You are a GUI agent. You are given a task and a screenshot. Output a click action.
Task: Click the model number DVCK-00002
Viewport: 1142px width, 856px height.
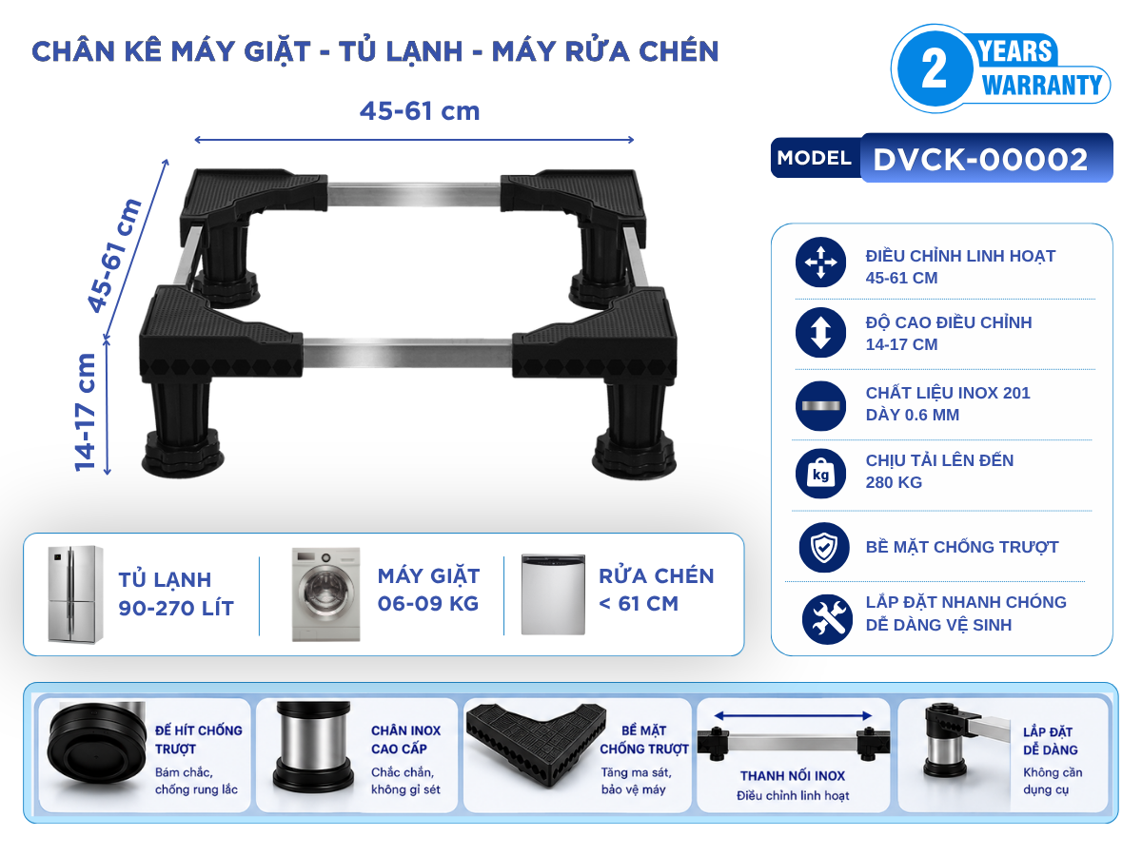tap(980, 159)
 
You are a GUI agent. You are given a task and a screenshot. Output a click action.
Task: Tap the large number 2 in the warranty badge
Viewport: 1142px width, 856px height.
tap(935, 68)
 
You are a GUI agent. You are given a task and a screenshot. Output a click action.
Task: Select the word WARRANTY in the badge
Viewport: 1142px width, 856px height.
tap(1041, 86)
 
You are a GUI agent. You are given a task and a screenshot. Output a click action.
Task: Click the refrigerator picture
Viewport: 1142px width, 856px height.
tap(75, 594)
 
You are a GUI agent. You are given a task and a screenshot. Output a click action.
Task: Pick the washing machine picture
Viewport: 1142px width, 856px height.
tap(326, 594)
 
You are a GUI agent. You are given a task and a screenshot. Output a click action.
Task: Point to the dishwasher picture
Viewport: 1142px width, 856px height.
tap(553, 594)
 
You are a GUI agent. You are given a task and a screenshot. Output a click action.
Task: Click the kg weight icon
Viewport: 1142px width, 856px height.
tap(820, 474)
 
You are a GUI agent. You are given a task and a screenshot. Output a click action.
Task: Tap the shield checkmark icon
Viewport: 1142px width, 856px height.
tap(824, 547)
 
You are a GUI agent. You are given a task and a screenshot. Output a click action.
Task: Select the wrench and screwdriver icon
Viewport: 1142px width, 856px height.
tap(827, 619)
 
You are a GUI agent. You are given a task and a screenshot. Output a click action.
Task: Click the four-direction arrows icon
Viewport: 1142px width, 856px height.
tap(820, 262)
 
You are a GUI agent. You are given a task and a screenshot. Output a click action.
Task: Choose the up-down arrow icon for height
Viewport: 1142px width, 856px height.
tap(820, 333)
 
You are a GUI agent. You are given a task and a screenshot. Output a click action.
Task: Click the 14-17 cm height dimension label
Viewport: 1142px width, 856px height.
tap(86, 413)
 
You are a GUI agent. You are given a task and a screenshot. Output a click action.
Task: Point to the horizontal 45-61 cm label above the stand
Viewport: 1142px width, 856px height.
tap(420, 111)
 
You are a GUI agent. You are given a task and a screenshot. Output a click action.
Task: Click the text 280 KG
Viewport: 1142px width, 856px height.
tap(894, 482)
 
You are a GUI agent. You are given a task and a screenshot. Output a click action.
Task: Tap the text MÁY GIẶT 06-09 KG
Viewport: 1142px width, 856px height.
tap(428, 590)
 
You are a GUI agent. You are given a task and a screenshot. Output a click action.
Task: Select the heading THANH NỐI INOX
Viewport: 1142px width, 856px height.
tap(793, 776)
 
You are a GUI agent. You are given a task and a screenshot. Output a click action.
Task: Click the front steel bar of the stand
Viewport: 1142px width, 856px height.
tap(407, 353)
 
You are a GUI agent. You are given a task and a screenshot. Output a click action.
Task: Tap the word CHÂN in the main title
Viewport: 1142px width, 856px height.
tap(73, 51)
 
